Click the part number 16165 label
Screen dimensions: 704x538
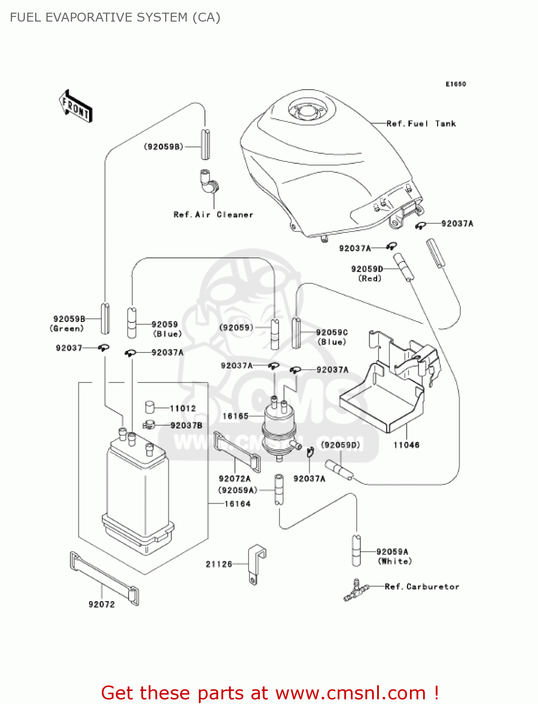(235, 416)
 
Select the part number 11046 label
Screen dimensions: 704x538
(406, 445)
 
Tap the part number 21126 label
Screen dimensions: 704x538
(219, 564)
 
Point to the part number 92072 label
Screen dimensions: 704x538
(102, 605)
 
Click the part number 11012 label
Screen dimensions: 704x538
(183, 408)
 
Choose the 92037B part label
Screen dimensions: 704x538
(186, 425)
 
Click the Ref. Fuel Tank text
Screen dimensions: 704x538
(421, 124)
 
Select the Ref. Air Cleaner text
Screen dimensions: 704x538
(213, 214)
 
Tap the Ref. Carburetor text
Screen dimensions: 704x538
(422, 587)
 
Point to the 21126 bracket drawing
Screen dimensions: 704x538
(256, 563)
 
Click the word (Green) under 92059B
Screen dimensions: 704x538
(67, 329)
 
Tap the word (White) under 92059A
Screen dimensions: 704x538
(394, 561)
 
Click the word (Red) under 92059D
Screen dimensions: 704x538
(370, 278)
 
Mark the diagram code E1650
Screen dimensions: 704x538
(455, 84)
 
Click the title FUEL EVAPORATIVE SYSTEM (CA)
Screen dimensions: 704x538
(115, 17)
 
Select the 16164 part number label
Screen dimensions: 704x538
(237, 504)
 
